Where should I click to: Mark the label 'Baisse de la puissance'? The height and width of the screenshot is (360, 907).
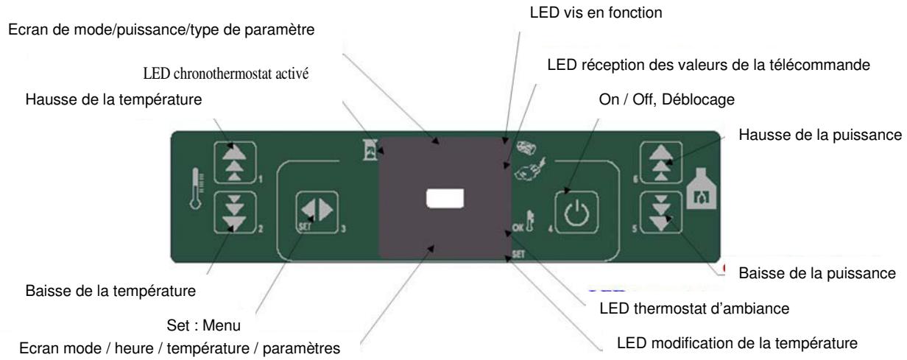(816, 273)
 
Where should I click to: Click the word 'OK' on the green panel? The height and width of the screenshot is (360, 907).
(516, 226)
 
